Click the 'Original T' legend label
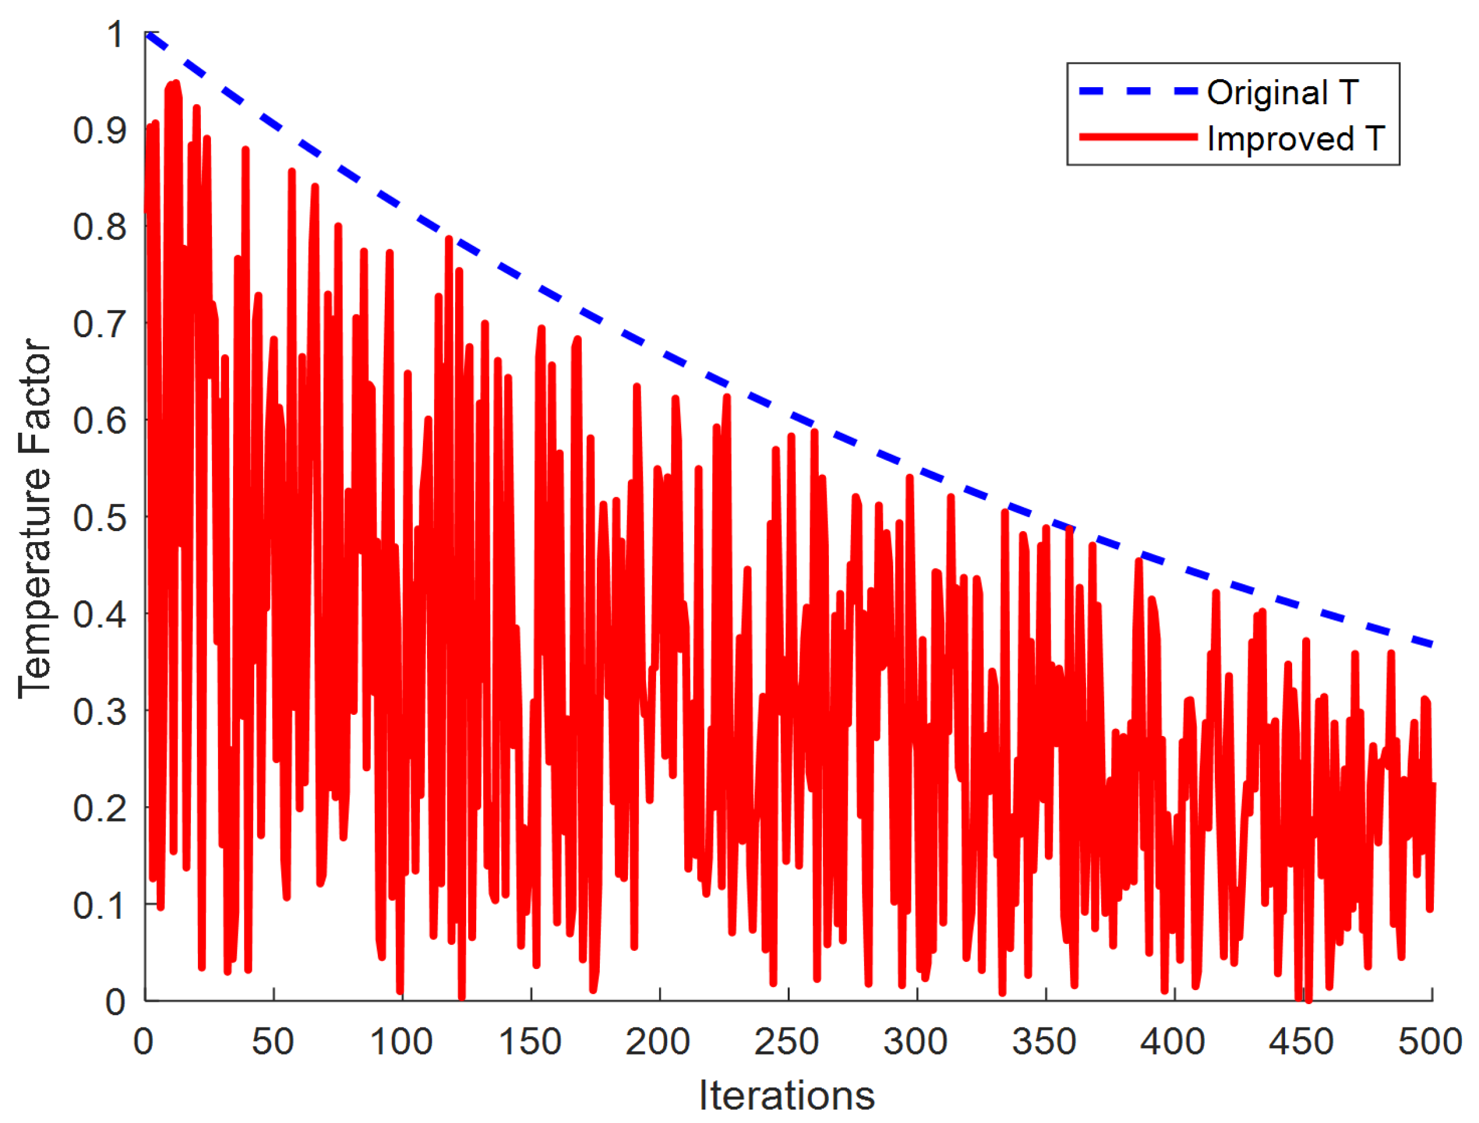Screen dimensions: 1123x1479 point(1282,93)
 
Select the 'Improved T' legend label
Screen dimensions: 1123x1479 point(1295,139)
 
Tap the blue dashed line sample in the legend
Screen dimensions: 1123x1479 point(1138,91)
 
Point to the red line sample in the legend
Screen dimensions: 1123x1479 point(1138,137)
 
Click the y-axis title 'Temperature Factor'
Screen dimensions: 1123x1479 point(35,518)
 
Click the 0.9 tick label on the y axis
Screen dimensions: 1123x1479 point(100,131)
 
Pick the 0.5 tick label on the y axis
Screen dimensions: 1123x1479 point(100,518)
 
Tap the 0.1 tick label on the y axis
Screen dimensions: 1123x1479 point(100,906)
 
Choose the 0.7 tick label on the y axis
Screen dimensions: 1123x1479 point(100,324)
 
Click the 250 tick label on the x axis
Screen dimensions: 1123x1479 point(787,1042)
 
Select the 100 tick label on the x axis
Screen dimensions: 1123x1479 point(401,1042)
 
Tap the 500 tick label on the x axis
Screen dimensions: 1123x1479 point(1430,1042)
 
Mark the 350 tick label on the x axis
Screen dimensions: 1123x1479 point(1044,1042)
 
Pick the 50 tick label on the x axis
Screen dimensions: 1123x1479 point(273,1042)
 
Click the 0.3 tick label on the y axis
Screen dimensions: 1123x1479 point(100,712)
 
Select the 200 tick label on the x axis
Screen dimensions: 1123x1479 point(658,1042)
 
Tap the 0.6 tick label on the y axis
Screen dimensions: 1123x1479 point(100,421)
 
